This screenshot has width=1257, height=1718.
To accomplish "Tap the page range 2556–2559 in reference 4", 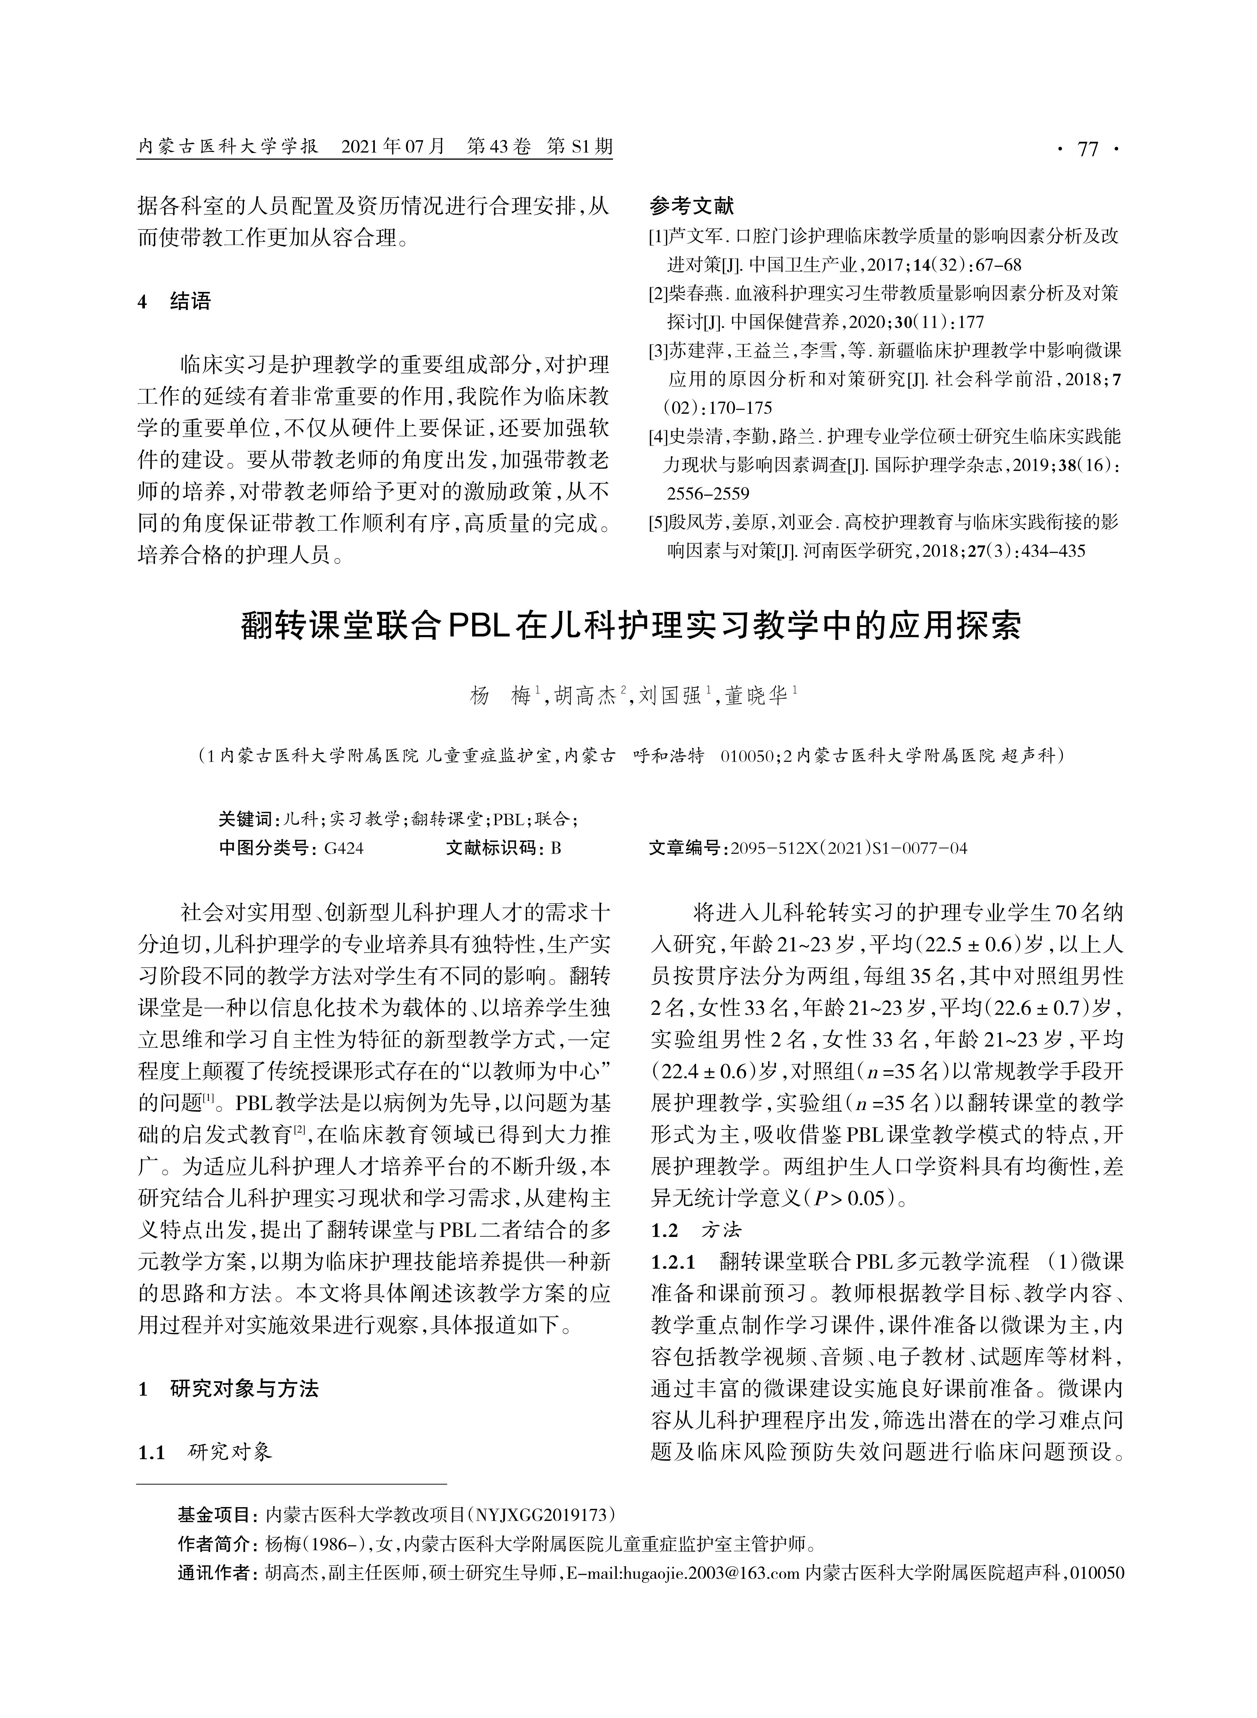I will [x=707, y=493].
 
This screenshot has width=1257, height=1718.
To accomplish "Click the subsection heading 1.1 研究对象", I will [x=204, y=1452].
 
